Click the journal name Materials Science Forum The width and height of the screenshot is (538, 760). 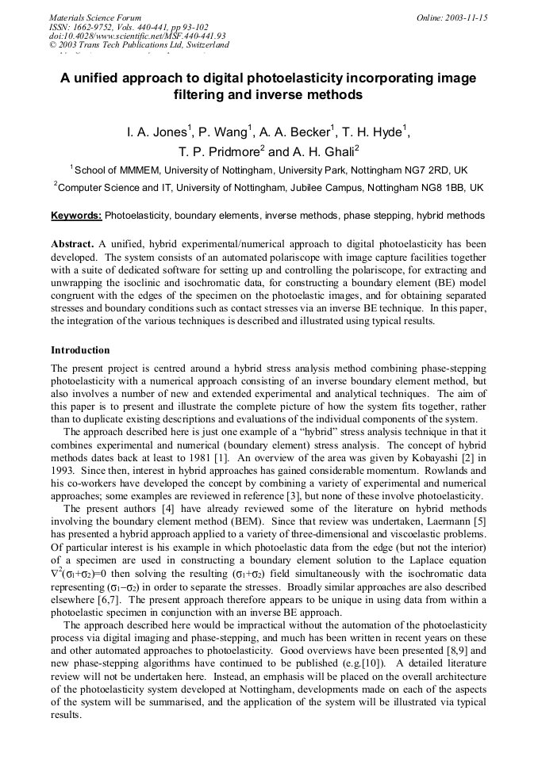tap(95, 17)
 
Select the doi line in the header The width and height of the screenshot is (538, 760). tap(137, 36)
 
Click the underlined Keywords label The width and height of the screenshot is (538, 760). tap(76, 216)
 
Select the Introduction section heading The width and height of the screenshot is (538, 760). tap(80, 349)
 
